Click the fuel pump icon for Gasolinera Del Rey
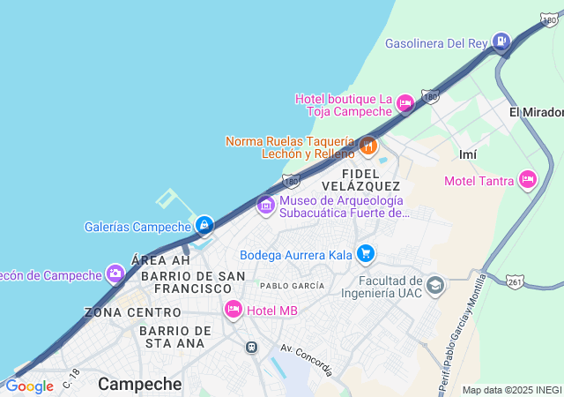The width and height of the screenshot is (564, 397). point(501,41)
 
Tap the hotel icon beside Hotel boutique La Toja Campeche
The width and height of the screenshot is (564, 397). point(405,104)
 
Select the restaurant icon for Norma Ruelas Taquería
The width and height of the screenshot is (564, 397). point(368,145)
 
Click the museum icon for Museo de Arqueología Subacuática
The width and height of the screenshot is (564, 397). point(265,206)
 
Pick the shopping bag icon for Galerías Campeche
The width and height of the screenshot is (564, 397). point(204,226)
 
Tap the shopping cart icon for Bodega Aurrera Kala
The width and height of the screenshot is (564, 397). point(366,255)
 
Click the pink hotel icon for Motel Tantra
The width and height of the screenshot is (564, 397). point(528,180)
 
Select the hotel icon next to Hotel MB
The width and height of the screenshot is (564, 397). point(234,309)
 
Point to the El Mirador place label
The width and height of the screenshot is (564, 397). point(536,112)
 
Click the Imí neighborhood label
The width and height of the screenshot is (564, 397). point(468,154)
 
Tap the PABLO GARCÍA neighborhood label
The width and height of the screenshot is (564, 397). point(292,286)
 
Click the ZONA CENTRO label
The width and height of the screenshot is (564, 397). point(132,312)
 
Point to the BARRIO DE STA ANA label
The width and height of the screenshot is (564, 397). point(175,337)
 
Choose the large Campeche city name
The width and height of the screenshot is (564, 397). point(140,384)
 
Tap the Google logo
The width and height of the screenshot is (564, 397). point(29,386)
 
